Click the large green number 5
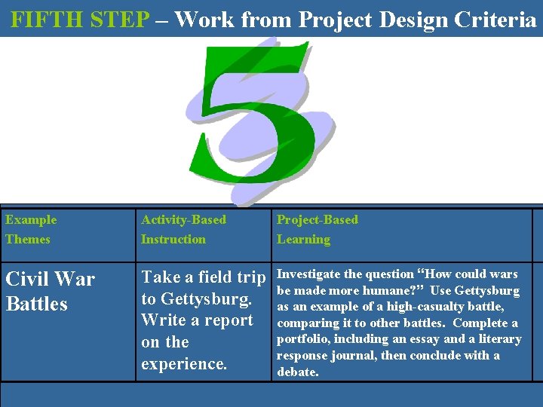pyautogui.click(x=256, y=121)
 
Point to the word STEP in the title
pyautogui.click(x=120, y=20)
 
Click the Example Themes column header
pyautogui.click(x=30, y=229)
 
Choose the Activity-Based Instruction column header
pyautogui.click(x=183, y=229)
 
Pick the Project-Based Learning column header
pyautogui.click(x=317, y=229)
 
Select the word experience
pyautogui.click(x=183, y=364)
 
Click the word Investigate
pyautogui.click(x=308, y=274)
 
